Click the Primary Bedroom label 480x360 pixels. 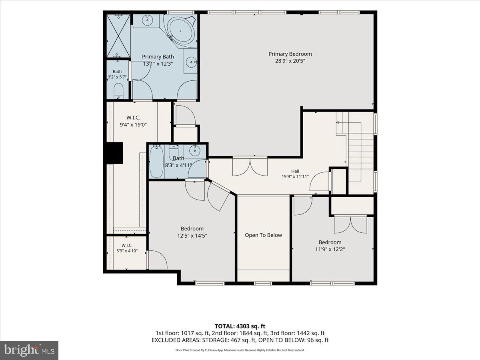(290, 57)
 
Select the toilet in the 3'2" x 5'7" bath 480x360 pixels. (118, 91)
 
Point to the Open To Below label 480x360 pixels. (263, 235)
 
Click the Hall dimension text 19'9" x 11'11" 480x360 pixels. (295, 177)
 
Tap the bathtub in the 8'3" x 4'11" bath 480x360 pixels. (156, 162)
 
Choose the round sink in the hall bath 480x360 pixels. (194, 150)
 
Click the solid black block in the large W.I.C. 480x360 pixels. (114, 153)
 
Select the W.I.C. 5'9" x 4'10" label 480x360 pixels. (127, 248)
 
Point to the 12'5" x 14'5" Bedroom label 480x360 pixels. (192, 232)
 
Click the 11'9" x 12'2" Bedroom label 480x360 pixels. (330, 246)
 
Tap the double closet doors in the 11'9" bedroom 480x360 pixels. (350, 225)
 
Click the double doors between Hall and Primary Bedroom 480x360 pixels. (250, 166)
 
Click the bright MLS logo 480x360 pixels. (29, 350)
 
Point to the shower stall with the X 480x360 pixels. (118, 36)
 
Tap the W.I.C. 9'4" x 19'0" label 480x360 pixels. (133, 121)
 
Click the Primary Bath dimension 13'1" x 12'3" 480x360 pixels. (158, 64)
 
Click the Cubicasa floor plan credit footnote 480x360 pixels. (240, 350)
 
